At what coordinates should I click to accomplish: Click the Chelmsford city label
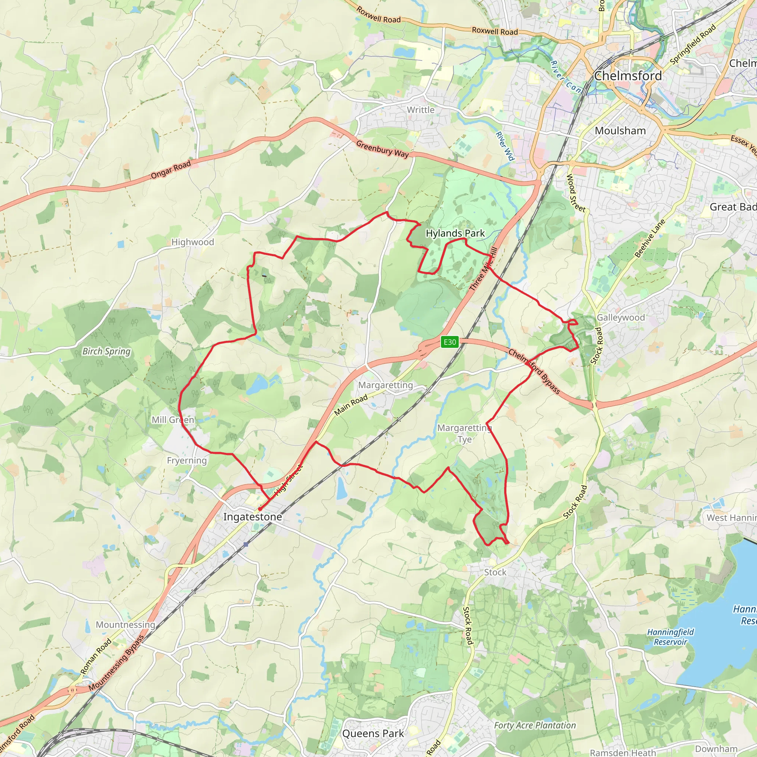[x=628, y=76]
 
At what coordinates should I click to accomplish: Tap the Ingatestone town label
[x=252, y=517]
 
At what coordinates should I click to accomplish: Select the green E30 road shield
[x=449, y=342]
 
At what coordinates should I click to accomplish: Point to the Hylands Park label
[x=455, y=233]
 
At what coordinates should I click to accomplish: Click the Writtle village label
[x=420, y=110]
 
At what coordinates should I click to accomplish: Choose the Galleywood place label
[x=621, y=318]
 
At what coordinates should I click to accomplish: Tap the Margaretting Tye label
[x=464, y=433]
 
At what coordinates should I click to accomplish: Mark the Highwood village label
[x=193, y=242]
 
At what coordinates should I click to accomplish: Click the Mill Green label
[x=173, y=420]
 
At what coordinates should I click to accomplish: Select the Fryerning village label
[x=187, y=461]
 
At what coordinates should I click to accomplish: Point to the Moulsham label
[x=620, y=130]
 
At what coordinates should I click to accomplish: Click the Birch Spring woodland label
[x=106, y=351]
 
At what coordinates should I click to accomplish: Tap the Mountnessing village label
[x=125, y=625]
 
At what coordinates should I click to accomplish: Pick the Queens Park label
[x=373, y=733]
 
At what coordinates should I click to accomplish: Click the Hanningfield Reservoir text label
[x=670, y=637]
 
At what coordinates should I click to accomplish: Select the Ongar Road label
[x=171, y=170]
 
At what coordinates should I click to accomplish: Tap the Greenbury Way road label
[x=382, y=149]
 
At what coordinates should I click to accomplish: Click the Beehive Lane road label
[x=650, y=238]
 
